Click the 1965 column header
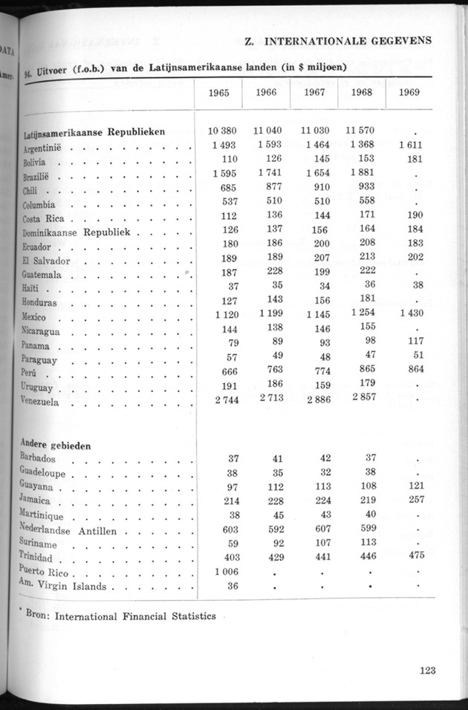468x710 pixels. click(x=219, y=94)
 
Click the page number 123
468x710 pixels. click(x=426, y=670)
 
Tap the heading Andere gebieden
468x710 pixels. click(x=56, y=446)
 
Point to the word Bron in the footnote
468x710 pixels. click(x=37, y=615)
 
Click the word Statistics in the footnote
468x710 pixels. click(x=189, y=616)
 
